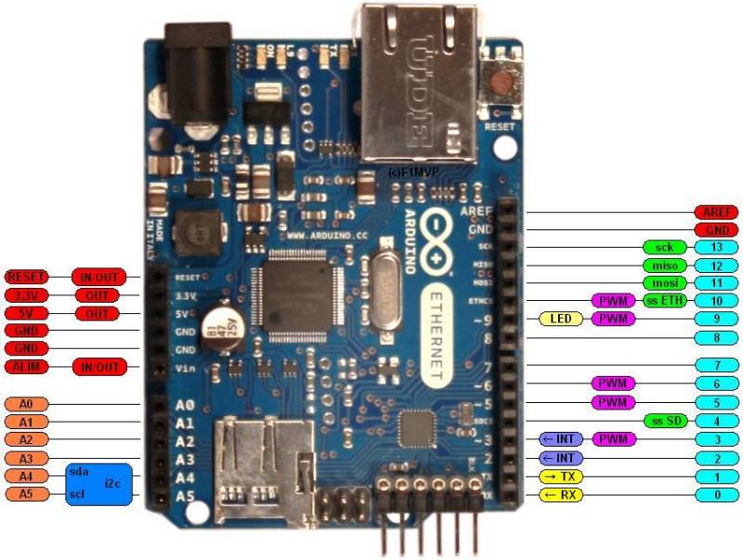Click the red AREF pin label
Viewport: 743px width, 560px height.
(x=716, y=213)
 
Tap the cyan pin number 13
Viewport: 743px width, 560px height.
(x=716, y=248)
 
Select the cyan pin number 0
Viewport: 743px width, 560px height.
(x=716, y=494)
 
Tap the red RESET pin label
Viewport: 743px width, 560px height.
(x=27, y=277)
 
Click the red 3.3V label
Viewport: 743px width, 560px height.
(x=27, y=295)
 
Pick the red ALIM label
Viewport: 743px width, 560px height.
(x=27, y=367)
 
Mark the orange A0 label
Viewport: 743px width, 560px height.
(x=27, y=405)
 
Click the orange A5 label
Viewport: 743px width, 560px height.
(x=27, y=493)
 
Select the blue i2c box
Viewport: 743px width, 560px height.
(x=99, y=484)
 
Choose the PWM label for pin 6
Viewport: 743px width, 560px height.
(x=613, y=384)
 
